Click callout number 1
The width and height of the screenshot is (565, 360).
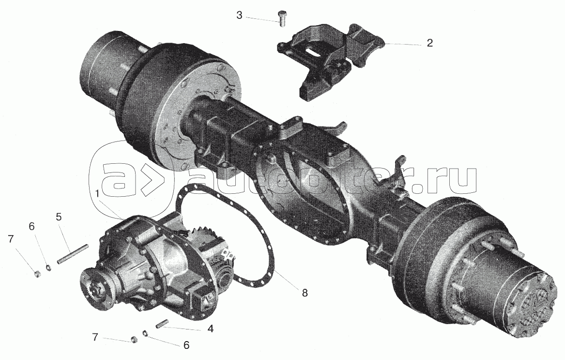97,194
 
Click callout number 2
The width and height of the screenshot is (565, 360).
429,43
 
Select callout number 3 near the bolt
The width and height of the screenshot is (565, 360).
239,15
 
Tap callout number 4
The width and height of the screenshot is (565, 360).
210,329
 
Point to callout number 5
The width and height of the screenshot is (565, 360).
59,217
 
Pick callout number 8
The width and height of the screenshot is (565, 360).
305,293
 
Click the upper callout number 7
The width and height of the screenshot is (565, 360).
11,238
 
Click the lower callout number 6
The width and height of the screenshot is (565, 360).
186,345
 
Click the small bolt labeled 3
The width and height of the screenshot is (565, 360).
282,18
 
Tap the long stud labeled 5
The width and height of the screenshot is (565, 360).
73,254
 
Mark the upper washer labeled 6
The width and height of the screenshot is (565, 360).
48,267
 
